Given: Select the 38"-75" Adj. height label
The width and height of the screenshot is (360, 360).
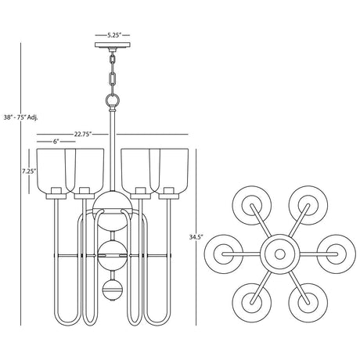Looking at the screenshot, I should [x=20, y=117].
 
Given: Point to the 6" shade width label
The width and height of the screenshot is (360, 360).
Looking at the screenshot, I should [x=56, y=142].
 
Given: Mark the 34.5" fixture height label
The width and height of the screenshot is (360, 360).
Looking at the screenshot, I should [x=196, y=236].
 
